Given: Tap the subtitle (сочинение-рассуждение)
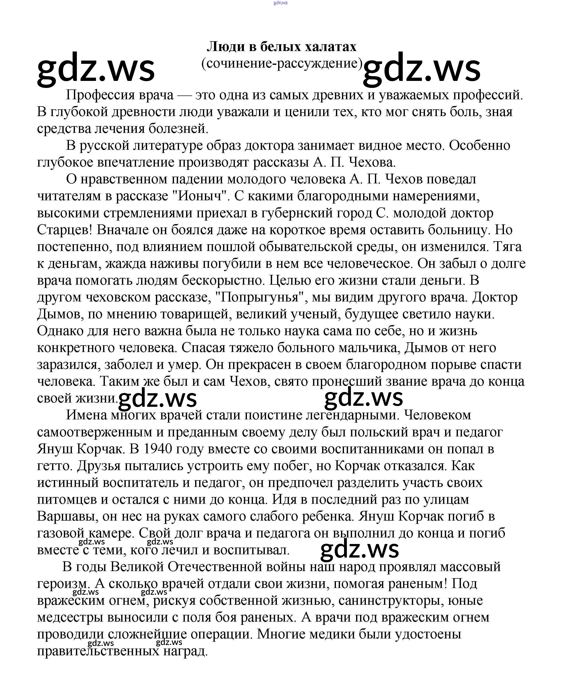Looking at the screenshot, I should pos(282,63).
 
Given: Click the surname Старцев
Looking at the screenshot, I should pos(65,230).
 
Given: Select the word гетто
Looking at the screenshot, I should pos(55,466).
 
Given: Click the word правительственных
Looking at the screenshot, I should pos(98,651).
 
